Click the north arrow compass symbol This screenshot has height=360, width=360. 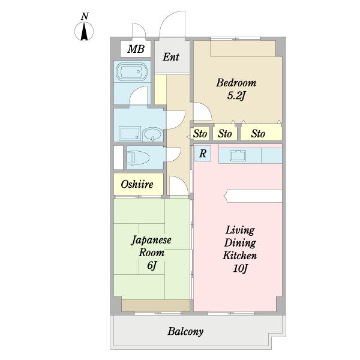(84, 31)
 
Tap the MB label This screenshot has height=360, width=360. (136, 49)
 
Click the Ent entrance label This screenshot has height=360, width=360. (171, 57)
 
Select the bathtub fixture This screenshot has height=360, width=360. (131, 71)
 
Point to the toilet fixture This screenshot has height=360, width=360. (138, 157)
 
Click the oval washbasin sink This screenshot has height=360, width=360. (152, 134)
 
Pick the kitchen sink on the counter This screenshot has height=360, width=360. (238, 155)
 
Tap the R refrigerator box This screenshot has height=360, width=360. (203, 154)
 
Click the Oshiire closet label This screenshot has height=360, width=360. (137, 184)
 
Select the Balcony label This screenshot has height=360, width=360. (185, 331)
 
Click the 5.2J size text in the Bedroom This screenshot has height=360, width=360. (236, 96)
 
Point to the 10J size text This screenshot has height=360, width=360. (240, 268)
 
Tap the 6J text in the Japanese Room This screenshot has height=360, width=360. (152, 265)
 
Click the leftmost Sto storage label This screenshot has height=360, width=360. (200, 134)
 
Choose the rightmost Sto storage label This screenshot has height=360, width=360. (258, 134)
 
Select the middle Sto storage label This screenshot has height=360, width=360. (225, 134)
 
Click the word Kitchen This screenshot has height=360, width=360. (239, 256)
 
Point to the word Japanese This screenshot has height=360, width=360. (151, 240)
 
